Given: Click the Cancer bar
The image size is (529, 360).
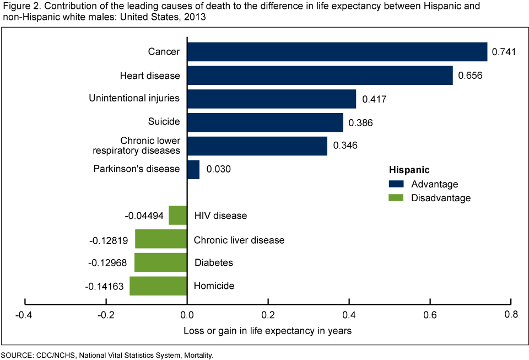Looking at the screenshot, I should [x=337, y=52].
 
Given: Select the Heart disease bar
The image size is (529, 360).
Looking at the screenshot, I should [x=320, y=76].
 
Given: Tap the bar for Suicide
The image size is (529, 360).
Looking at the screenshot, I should [x=265, y=122].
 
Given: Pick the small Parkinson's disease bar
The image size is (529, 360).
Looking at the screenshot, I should [x=193, y=169].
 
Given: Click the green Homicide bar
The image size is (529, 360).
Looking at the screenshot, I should [x=158, y=286].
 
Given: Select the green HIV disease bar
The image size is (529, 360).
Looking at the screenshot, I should [x=178, y=216].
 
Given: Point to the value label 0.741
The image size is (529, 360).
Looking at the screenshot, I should [x=503, y=52].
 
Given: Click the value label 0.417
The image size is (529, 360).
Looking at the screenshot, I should [x=374, y=100].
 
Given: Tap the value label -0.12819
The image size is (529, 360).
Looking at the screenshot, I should [x=110, y=240].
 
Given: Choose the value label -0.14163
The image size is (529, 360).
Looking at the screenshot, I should [x=105, y=286].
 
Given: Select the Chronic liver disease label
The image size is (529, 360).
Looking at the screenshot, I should [x=239, y=240].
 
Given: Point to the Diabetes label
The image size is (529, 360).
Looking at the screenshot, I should [x=214, y=263].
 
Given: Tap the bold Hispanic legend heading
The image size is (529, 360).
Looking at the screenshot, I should [x=409, y=170].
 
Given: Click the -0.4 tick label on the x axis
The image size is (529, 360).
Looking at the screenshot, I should [x=24, y=315].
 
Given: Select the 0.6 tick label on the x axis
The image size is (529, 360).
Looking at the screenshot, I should [x=430, y=315].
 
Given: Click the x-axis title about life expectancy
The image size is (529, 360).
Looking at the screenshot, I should [x=267, y=331].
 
